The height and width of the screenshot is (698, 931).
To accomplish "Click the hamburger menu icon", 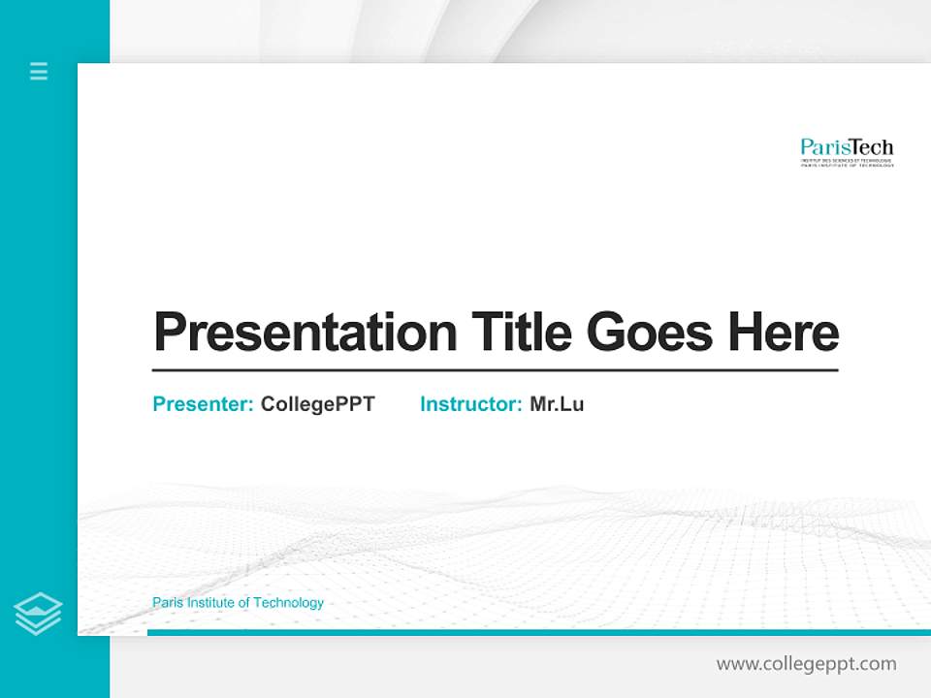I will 39,71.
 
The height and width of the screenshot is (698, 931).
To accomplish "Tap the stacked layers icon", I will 38,614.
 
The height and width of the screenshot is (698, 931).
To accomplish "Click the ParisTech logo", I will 847,152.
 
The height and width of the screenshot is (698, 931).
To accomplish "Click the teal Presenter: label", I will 203,404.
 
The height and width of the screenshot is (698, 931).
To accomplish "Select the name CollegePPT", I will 317,404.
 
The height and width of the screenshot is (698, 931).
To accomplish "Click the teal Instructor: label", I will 470,404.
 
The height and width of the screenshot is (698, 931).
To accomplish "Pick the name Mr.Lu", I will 557,404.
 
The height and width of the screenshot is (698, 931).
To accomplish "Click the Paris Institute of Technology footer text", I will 238,603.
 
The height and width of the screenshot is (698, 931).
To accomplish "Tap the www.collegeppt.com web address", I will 806,664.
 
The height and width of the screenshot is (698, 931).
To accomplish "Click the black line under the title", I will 495,369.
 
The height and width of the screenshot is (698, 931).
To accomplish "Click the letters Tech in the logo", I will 871,148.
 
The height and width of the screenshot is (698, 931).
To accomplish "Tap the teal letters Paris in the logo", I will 823,148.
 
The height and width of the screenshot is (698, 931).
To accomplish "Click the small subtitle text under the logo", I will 847,163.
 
